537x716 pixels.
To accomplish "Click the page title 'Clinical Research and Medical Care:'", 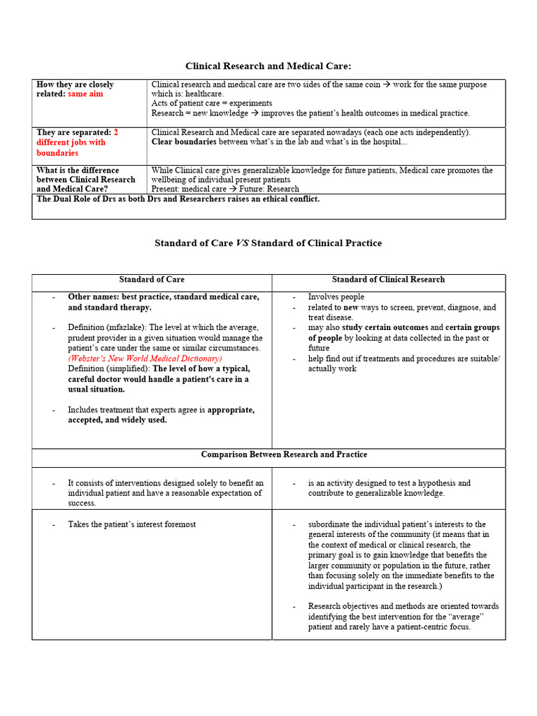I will click(x=268, y=66).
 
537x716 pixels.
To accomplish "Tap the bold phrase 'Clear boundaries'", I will click(x=184, y=142).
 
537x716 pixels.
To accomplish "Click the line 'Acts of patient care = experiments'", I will click(x=212, y=103).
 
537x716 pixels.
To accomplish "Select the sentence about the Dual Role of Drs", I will click(x=178, y=199).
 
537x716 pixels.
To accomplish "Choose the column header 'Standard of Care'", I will click(x=152, y=279).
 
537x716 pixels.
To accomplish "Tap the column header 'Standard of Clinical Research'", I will click(x=388, y=279).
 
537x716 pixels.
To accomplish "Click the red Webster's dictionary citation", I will click(x=145, y=358).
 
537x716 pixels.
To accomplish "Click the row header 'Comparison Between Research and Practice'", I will click(x=284, y=454).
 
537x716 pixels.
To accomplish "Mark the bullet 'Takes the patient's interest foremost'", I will click(x=131, y=524).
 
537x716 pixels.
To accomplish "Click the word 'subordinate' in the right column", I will click(x=329, y=524).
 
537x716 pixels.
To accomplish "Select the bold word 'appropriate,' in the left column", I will click(x=231, y=410).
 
